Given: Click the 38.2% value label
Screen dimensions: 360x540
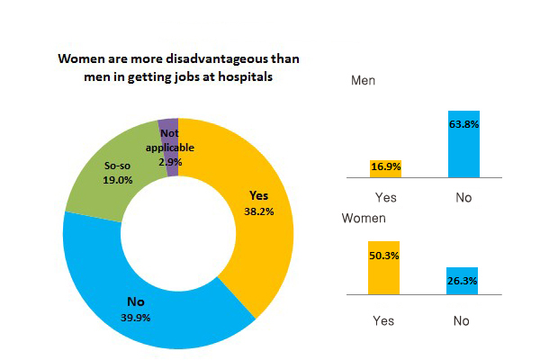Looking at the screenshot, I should click(x=260, y=211).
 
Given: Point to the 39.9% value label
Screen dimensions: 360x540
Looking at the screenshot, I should click(x=138, y=317).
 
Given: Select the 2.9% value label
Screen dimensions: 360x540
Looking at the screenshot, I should click(x=171, y=162).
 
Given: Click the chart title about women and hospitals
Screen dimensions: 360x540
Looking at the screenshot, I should click(x=178, y=67).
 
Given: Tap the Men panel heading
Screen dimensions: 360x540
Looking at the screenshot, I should click(x=363, y=80).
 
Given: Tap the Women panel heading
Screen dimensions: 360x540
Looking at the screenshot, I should click(x=364, y=218).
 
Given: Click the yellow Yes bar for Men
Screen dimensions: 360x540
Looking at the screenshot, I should click(x=385, y=168).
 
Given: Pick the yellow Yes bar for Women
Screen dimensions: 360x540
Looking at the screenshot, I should click(x=384, y=268).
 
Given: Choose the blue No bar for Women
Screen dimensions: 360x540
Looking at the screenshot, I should click(x=463, y=282).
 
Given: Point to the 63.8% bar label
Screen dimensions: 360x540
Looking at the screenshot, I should click(x=463, y=125).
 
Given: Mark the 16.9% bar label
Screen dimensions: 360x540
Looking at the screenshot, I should click(x=385, y=166).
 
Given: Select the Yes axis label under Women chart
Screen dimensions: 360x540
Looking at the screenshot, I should click(x=384, y=319).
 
